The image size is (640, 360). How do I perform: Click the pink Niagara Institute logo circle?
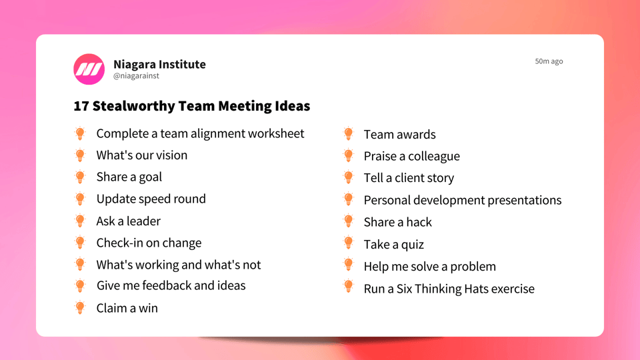(89, 69)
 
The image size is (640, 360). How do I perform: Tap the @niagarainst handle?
(136, 77)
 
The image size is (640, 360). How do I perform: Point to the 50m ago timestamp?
(549, 61)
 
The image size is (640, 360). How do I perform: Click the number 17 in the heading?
(81, 106)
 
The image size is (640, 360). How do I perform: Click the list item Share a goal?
(129, 177)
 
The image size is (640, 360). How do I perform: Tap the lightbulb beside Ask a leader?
(80, 221)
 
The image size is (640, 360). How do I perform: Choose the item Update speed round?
(151, 199)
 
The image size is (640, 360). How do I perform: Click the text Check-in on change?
(149, 243)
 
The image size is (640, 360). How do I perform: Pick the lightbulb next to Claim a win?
(80, 308)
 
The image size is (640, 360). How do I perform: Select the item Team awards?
(399, 135)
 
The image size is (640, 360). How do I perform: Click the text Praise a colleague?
(411, 157)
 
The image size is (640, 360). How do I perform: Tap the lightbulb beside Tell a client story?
(348, 177)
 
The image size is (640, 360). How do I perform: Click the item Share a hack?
(397, 222)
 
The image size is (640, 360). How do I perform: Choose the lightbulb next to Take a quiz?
(348, 243)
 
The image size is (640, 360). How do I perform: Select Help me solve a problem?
(429, 267)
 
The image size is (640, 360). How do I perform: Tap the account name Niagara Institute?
(159, 64)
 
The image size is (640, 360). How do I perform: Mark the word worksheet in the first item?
(276, 133)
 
